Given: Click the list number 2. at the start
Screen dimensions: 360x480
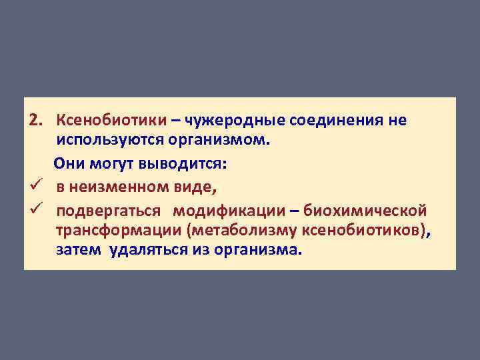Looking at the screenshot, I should [x=36, y=121].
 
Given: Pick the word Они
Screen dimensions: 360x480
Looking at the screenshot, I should [x=69, y=163].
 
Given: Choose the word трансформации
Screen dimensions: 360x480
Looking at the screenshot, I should [x=118, y=231].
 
